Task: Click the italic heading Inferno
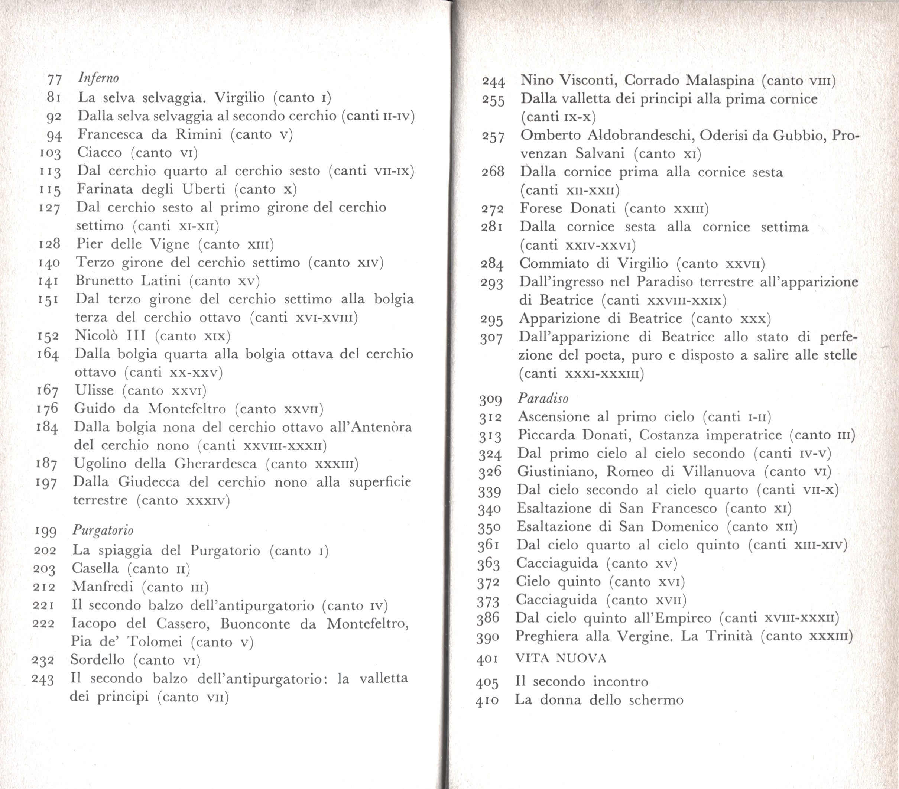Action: click(x=98, y=78)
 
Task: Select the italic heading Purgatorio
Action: click(x=103, y=530)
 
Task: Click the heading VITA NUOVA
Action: click(x=561, y=658)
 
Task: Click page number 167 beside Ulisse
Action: click(x=48, y=390)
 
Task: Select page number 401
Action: click(x=487, y=659)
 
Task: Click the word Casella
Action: click(x=95, y=568)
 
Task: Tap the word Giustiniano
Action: click(x=557, y=471)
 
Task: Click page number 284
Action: click(x=492, y=264)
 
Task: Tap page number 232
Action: click(x=43, y=660)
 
